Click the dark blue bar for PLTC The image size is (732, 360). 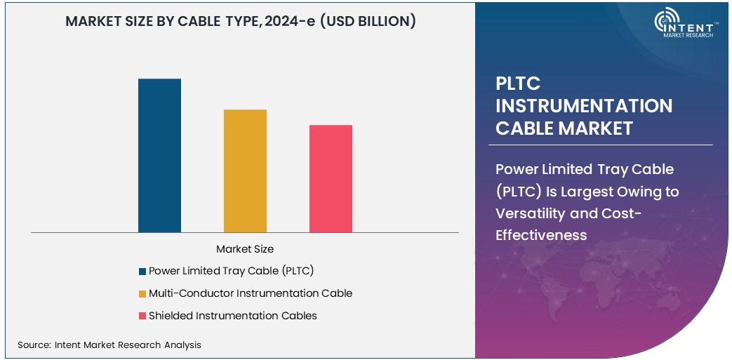point(159,155)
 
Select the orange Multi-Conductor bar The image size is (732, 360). point(245,171)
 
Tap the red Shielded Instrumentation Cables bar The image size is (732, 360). point(331,178)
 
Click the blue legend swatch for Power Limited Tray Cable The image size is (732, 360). point(143,271)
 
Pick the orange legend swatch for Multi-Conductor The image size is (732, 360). point(143,293)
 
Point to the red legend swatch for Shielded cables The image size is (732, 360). point(143,316)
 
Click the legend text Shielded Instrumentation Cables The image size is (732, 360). point(232,316)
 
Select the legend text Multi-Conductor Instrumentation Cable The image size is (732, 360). point(250,293)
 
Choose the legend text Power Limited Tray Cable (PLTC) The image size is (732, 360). point(231,271)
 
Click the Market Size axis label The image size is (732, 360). point(245,249)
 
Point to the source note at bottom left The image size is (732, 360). point(109,345)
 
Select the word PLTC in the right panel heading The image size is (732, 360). point(518,84)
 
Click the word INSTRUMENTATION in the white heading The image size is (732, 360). point(584,106)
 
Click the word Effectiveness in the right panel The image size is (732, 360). point(541,235)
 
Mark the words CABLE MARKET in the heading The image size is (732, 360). point(564,128)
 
